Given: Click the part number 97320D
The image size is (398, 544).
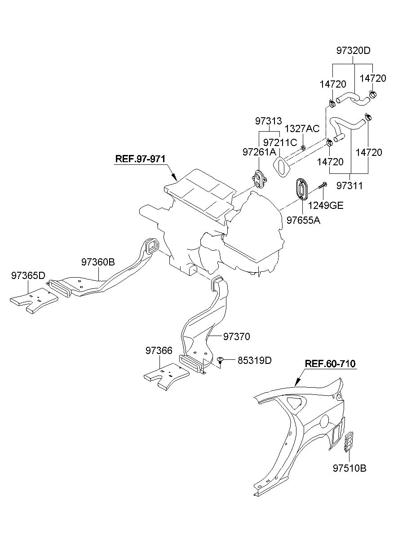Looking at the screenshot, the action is point(353,51).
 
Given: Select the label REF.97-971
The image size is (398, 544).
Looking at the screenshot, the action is point(140,159).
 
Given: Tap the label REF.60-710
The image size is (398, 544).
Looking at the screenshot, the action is point(330,370).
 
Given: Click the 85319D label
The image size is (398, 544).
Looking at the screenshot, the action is point(255,360).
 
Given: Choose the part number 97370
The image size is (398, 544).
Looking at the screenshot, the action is point(237,336).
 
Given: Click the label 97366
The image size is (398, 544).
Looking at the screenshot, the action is point(159,350).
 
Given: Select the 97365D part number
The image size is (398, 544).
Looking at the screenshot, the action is point(28,275).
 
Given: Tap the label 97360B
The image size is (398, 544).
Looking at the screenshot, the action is point(98,262).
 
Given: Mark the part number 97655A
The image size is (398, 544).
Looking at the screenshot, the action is point(303,220).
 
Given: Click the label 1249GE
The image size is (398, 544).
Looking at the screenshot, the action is point(326,205).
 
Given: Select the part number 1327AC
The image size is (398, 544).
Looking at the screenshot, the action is point(302,129).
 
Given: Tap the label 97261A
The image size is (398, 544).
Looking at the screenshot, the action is point(259,152).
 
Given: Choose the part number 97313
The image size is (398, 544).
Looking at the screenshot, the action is point(268,121).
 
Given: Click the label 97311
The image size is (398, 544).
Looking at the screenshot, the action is point(349,186).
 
